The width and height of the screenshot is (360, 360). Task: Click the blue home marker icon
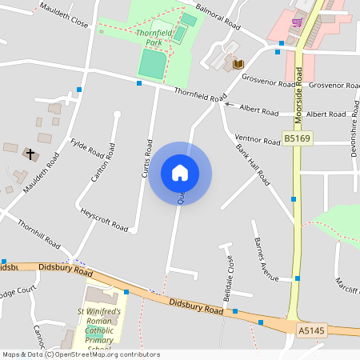[180, 173]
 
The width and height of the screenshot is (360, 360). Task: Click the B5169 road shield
[297, 138]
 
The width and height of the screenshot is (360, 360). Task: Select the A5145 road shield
[312, 330]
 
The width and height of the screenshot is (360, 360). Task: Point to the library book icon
[238, 64]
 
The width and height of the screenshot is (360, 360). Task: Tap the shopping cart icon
[298, 22]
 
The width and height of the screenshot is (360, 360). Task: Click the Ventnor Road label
[257, 138]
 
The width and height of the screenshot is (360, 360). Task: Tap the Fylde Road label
[87, 148]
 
